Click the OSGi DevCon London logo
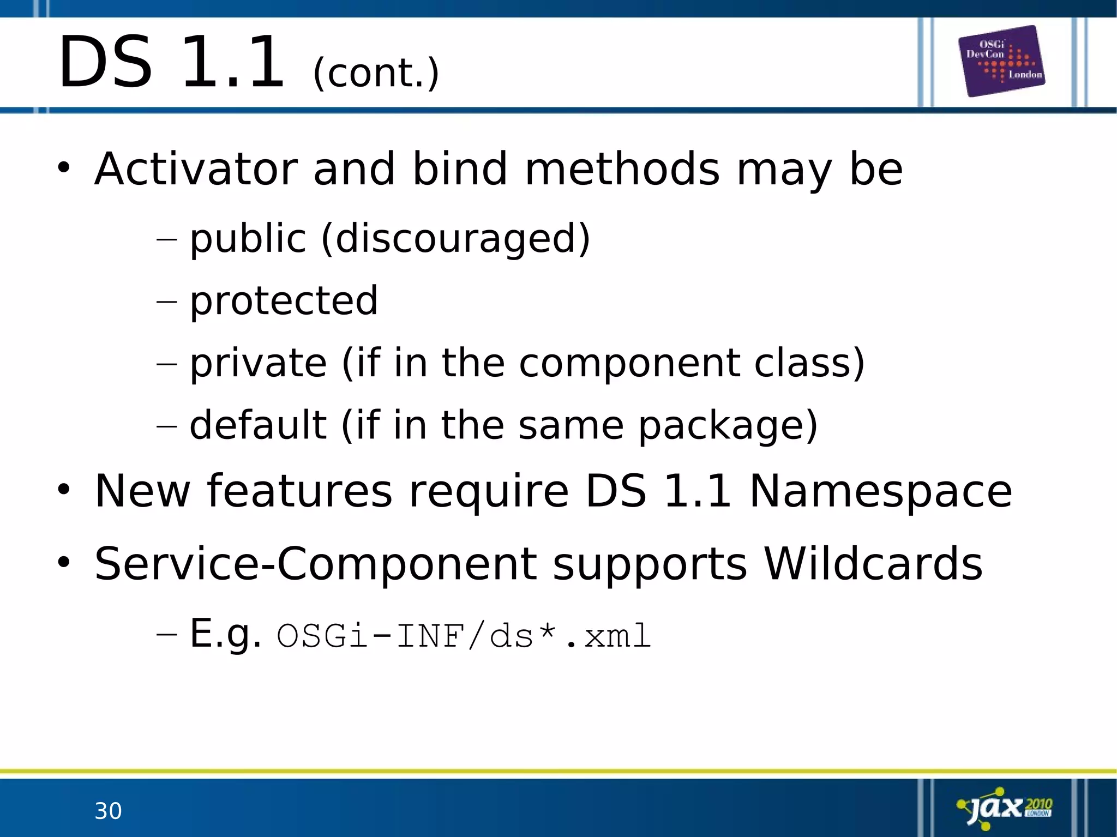point(1001,61)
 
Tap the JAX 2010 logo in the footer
point(1005,808)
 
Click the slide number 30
point(108,811)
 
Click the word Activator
point(196,169)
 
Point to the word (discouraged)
point(455,238)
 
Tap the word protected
point(284,300)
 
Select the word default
point(258,425)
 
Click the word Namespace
point(880,491)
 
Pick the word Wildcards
point(873,564)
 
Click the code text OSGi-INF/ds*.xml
point(464,636)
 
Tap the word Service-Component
point(315,564)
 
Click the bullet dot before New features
point(64,490)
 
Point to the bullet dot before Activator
point(64,168)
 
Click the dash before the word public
point(166,239)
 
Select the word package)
point(728,426)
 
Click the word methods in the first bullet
point(622,169)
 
